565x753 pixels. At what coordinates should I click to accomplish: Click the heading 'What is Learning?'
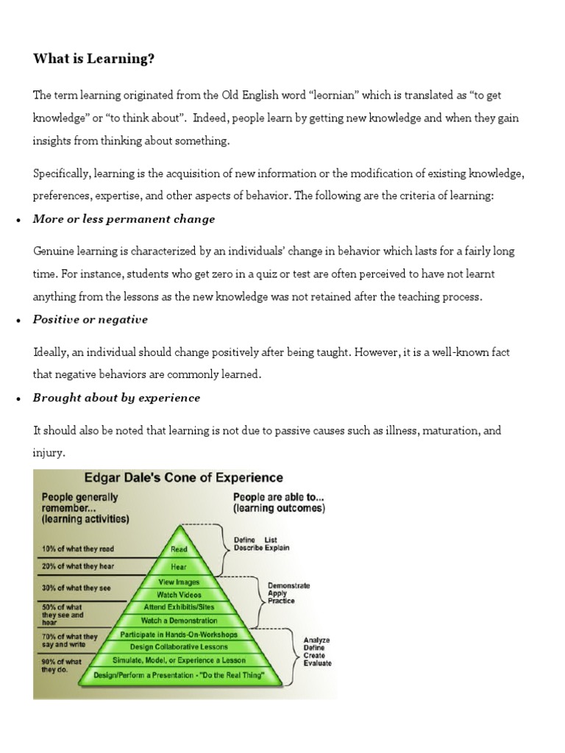(93, 60)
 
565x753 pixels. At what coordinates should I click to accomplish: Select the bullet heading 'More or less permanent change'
(124, 219)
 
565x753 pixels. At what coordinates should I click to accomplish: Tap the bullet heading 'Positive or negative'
(90, 319)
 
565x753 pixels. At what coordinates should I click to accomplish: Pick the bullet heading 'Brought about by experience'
(116, 398)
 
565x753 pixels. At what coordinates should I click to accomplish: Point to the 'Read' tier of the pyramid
(179, 549)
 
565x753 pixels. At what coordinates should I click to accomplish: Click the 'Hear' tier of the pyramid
(179, 567)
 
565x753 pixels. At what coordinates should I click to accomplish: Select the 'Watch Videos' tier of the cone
(179, 594)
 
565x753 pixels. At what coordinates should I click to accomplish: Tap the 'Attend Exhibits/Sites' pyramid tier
(179, 608)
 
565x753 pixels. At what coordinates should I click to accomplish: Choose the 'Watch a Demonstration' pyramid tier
(179, 621)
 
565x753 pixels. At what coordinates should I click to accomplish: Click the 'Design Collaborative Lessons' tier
(179, 647)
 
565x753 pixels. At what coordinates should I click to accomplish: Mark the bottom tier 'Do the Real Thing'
(179, 674)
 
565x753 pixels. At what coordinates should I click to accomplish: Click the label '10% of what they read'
(77, 549)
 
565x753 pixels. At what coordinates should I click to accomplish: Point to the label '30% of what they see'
(76, 588)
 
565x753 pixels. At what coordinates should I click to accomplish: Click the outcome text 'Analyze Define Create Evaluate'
(317, 652)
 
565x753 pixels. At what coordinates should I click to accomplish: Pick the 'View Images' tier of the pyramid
(179, 581)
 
